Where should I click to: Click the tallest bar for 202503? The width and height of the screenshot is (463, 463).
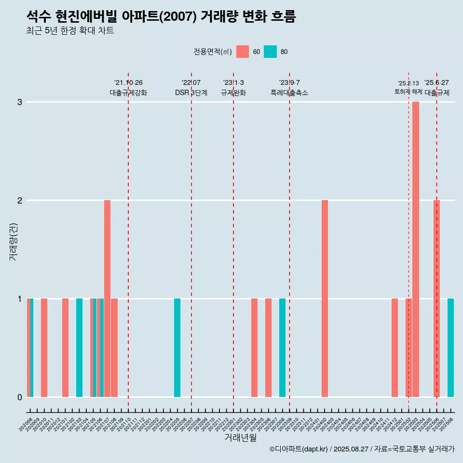[416, 249]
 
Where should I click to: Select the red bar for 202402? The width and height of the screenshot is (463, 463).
[325, 299]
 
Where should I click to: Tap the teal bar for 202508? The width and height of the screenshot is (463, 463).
[450, 348]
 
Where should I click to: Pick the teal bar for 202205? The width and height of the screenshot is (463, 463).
[177, 348]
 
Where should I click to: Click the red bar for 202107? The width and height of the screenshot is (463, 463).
[107, 299]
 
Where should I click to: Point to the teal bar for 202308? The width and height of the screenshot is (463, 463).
[282, 348]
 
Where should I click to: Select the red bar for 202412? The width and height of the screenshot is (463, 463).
[395, 348]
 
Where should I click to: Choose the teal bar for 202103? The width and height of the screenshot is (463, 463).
[79, 348]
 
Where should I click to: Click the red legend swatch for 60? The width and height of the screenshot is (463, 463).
[243, 52]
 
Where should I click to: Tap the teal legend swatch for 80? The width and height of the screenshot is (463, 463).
[271, 52]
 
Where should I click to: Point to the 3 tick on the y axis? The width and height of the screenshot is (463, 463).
[20, 102]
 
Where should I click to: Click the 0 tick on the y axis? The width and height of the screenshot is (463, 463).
[20, 397]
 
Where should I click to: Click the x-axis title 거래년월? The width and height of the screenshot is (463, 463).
[241, 438]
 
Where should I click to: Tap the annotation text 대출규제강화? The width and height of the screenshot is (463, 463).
[128, 93]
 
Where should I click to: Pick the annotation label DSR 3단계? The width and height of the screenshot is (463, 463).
[191, 93]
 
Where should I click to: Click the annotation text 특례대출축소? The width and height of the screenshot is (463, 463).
[289, 93]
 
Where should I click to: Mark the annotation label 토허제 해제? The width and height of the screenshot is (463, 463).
[408, 92]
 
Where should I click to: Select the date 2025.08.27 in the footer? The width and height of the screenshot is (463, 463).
[352, 449]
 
